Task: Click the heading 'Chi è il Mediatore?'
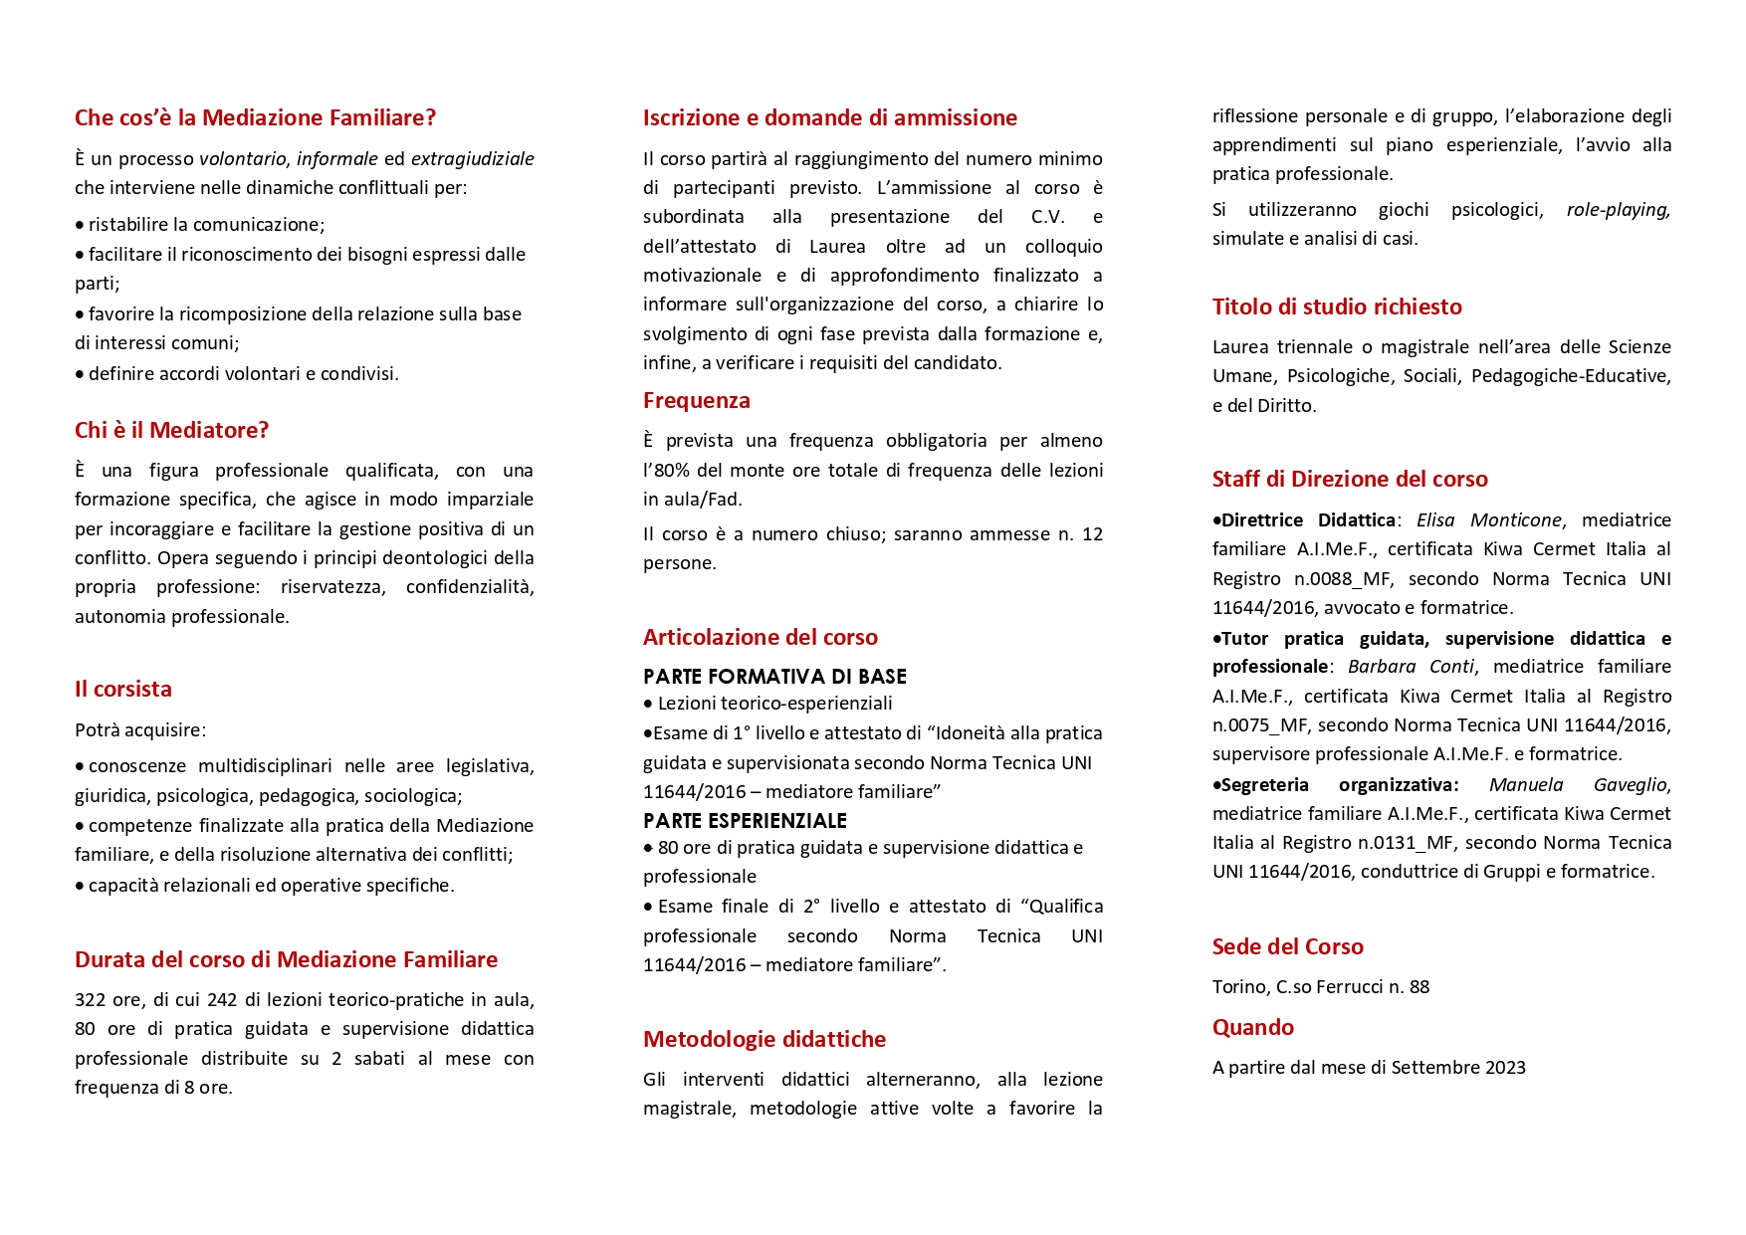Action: click(171, 430)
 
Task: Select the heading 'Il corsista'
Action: click(123, 689)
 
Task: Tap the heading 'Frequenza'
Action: click(697, 400)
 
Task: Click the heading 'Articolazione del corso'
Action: click(761, 637)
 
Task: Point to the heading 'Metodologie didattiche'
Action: click(764, 1039)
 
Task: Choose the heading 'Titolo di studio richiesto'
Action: click(1337, 307)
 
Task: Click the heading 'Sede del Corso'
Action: click(1288, 946)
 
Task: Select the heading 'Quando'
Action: click(1253, 1027)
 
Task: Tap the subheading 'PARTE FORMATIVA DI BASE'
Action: click(774, 677)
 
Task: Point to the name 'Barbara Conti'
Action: click(1411, 667)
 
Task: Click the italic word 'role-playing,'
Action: click(1618, 210)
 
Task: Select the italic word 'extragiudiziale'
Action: click(472, 159)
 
